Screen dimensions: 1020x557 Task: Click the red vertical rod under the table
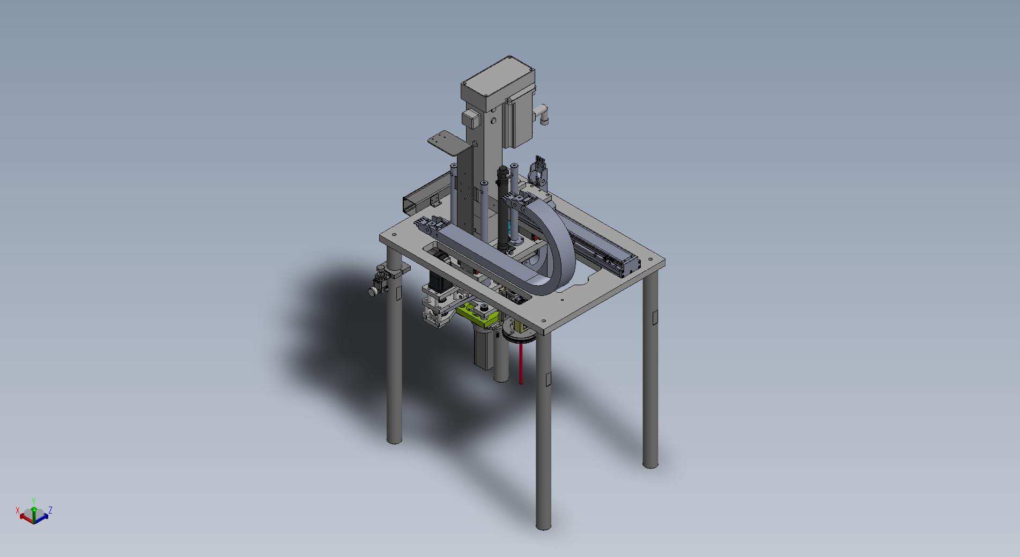[x=520, y=364]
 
